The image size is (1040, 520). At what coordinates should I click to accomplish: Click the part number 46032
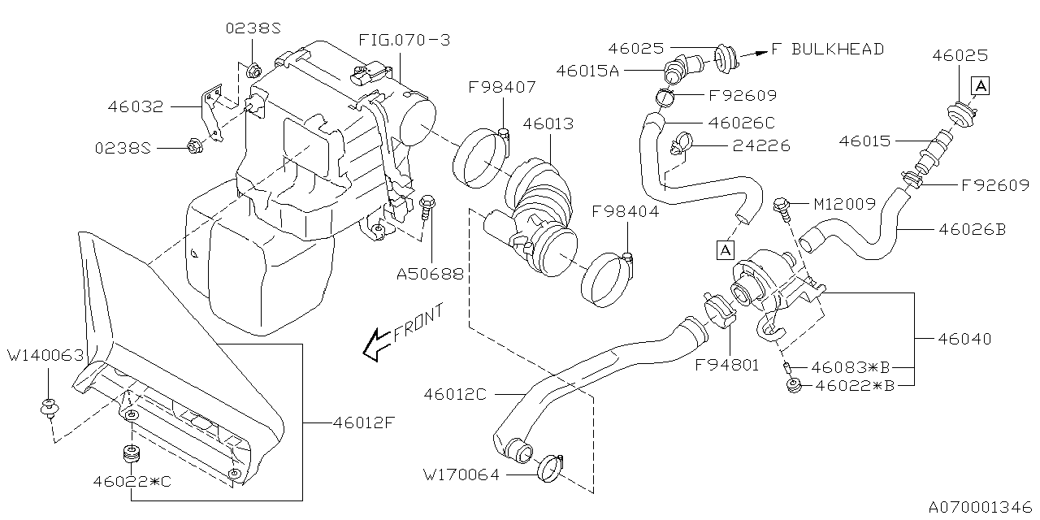[136, 106]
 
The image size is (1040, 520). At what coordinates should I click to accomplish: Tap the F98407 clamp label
[501, 87]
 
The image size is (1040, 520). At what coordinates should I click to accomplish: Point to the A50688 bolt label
[430, 275]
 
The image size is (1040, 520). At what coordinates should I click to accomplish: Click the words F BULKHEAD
[827, 50]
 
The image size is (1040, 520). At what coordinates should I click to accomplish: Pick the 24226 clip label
[760, 146]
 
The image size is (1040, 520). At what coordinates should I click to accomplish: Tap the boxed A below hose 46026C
[722, 250]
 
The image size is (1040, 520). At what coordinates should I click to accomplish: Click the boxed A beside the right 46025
[981, 84]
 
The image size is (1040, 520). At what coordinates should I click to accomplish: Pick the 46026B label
[972, 230]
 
